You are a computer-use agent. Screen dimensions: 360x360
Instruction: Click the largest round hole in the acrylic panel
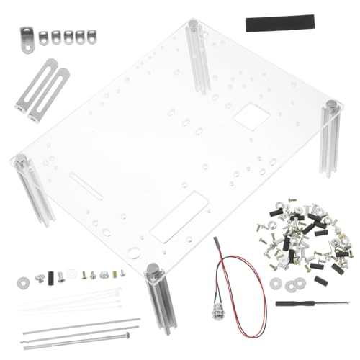pos(133,252)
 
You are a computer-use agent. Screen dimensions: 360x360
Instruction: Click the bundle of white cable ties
pos(72,299)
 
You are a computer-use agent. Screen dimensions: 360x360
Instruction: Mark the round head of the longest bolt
pos(128,334)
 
